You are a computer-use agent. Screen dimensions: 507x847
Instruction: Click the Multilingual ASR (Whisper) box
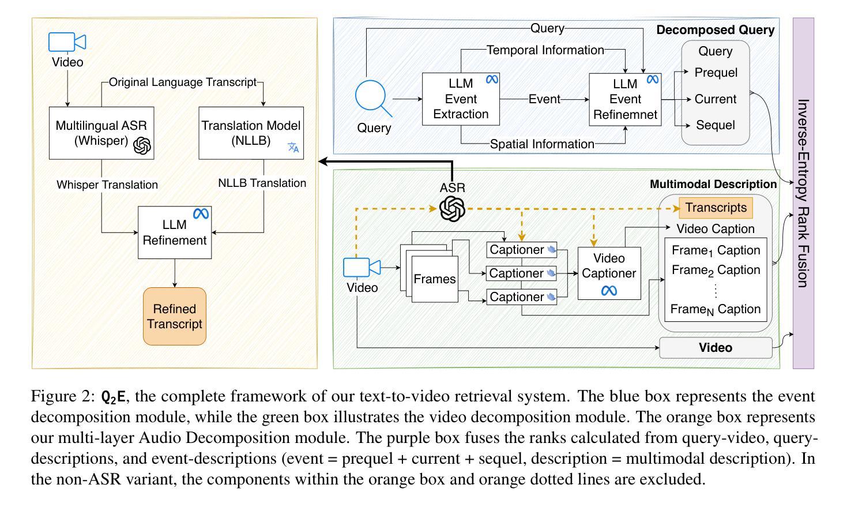pos(101,133)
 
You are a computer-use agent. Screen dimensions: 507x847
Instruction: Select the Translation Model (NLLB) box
pos(251,133)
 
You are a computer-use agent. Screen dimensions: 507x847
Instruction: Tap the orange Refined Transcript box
pos(175,316)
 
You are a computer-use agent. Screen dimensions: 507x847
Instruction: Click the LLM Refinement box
pos(175,232)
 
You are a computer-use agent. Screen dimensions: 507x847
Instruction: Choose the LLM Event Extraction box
pos(461,99)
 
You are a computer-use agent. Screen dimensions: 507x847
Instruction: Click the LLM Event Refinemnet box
pos(625,99)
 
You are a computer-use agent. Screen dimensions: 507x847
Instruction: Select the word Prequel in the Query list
pos(716,73)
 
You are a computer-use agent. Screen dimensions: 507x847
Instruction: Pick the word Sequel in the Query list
pos(716,125)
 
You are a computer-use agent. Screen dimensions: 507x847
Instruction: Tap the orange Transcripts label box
pos(716,208)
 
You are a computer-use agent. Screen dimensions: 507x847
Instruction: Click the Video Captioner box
pos(609,273)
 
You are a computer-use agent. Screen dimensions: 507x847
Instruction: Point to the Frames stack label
pos(435,279)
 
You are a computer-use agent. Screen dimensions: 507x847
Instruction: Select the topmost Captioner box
pos(521,250)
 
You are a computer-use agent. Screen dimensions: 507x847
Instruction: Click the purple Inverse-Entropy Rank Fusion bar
pos(803,193)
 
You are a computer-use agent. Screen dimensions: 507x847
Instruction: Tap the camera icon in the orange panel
pos(67,43)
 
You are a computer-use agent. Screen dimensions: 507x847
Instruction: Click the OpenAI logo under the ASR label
pos(452,208)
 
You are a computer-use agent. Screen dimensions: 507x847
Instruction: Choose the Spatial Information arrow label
pos(542,144)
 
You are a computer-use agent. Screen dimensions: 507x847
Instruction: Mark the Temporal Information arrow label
pos(545,50)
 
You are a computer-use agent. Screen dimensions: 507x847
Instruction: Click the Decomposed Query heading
pos(715,30)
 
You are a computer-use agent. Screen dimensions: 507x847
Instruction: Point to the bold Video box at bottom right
pos(716,348)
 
